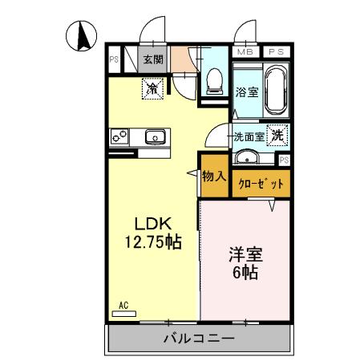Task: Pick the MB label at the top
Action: click(x=245, y=51)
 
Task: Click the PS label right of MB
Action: click(x=276, y=51)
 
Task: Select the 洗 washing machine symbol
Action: click(x=277, y=136)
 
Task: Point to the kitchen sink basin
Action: click(x=156, y=137)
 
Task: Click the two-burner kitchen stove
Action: click(x=120, y=137)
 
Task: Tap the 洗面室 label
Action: click(x=249, y=137)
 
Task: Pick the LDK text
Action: click(x=150, y=223)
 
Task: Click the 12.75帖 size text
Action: click(x=151, y=242)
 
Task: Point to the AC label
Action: click(x=123, y=304)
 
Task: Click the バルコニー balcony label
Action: click(x=200, y=339)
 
